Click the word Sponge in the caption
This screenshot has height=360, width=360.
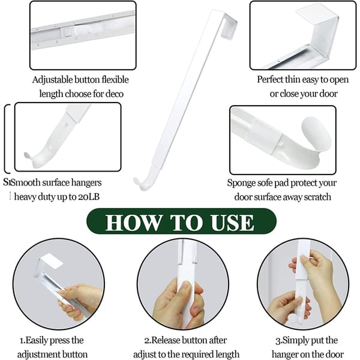241,184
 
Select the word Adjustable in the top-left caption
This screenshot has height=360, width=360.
52,80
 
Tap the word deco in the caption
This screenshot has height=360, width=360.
115,94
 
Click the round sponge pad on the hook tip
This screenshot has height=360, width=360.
316,134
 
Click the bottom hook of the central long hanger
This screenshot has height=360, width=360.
143,180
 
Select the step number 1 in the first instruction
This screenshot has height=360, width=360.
22,340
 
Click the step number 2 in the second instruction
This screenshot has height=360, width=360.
147,340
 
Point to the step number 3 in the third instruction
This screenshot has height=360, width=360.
278,340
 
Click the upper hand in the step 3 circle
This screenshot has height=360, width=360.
315,269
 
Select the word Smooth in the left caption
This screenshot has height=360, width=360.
25,183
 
